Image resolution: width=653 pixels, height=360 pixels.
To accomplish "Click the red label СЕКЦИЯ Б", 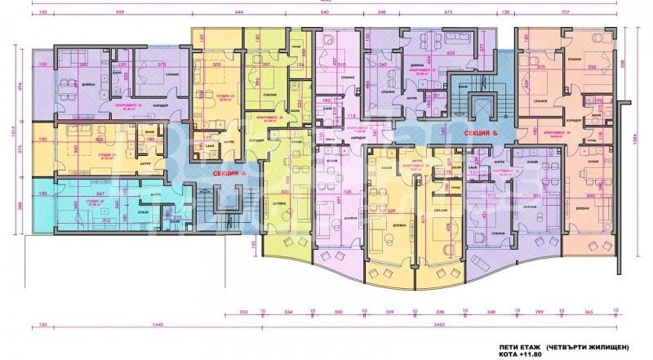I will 482,132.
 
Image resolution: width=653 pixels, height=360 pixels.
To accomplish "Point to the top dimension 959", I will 120,13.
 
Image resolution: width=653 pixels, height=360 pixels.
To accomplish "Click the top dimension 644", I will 240,13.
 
